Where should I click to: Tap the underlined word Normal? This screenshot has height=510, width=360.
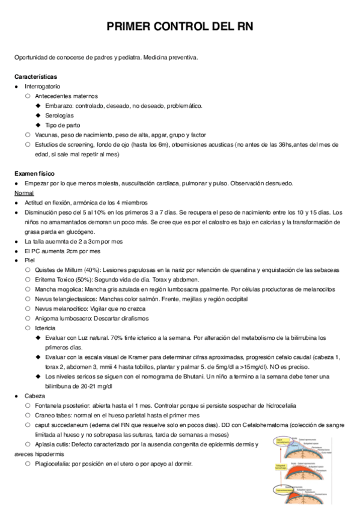(24, 192)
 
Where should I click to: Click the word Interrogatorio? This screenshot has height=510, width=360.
(43, 87)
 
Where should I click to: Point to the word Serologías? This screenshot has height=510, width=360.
(59, 115)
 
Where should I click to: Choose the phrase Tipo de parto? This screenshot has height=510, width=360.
(63, 125)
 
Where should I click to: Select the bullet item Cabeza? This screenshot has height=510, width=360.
(34, 396)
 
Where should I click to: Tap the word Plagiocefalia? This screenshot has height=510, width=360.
(53, 464)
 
